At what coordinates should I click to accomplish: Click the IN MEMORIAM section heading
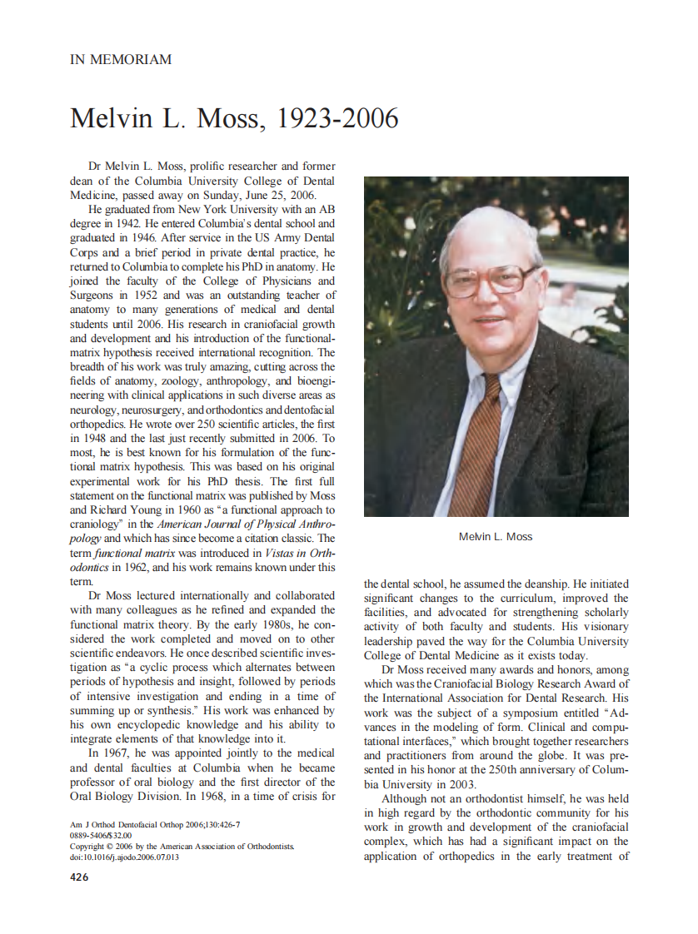click(x=121, y=60)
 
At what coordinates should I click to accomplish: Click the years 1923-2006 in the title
click(x=337, y=119)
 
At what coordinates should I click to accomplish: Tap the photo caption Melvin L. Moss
click(x=495, y=537)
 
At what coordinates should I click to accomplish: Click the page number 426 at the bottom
click(x=80, y=877)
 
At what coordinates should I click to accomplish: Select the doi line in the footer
click(x=124, y=857)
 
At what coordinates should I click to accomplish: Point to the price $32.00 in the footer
click(x=107, y=836)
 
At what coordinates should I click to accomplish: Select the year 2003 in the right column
click(x=461, y=784)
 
